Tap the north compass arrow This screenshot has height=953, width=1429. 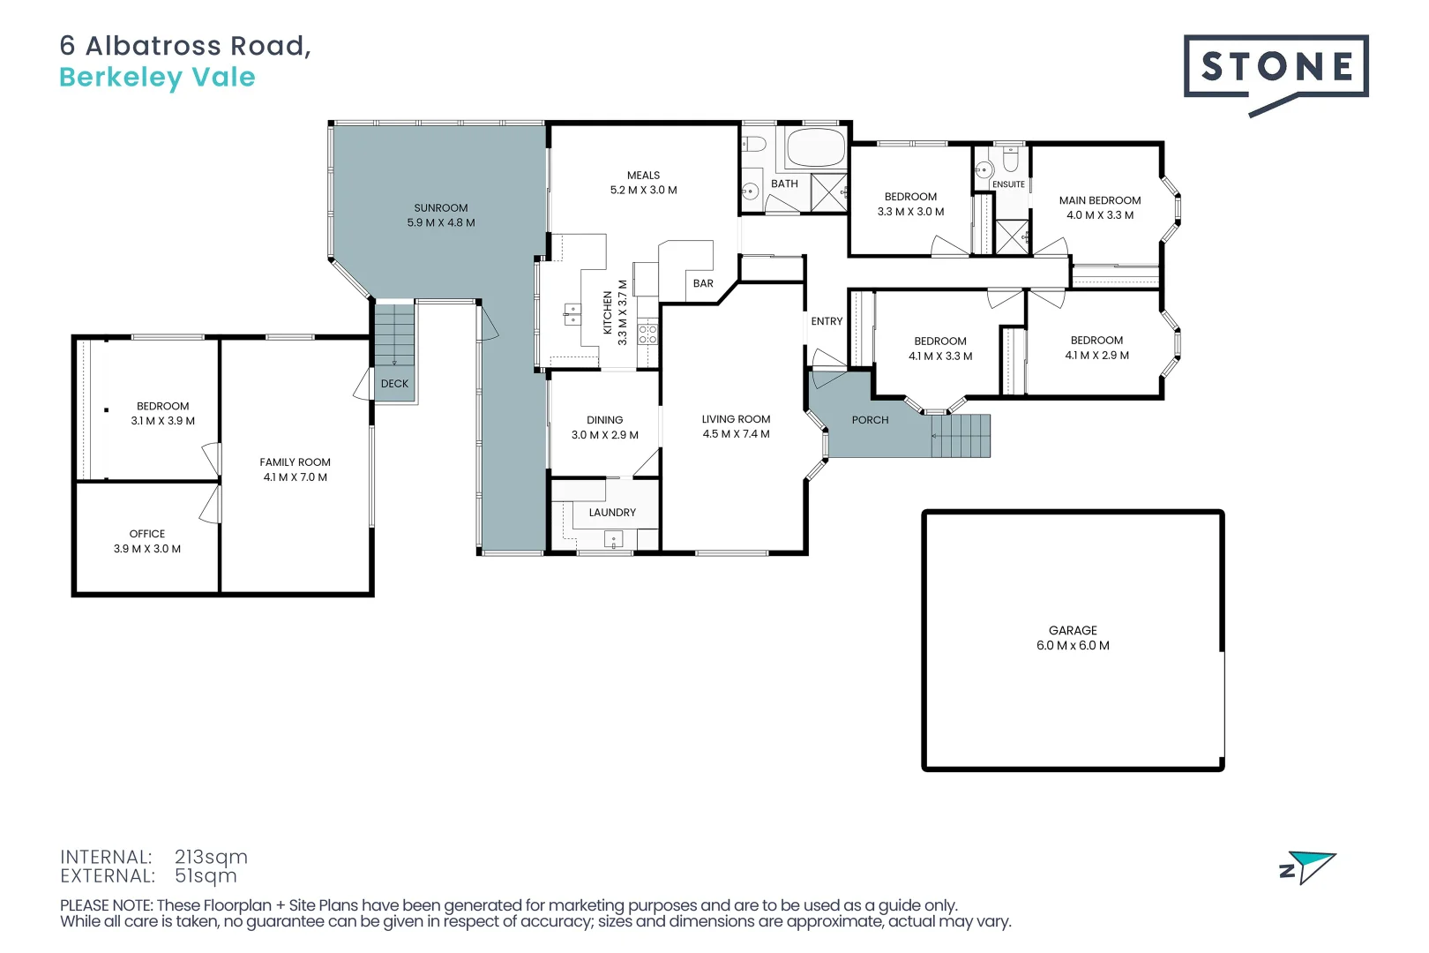[x=1309, y=867]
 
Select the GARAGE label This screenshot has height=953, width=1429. [x=1073, y=630]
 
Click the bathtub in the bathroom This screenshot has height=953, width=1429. [x=816, y=148]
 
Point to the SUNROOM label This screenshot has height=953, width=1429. [x=441, y=208]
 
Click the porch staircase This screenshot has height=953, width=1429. [x=961, y=436]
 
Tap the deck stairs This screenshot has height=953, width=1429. [x=394, y=335]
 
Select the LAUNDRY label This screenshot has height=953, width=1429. [x=612, y=513]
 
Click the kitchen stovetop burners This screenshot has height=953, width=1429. [x=647, y=334]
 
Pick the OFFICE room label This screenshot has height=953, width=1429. [x=147, y=534]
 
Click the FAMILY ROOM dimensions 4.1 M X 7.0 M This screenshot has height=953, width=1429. [x=296, y=477]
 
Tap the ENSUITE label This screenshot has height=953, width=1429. [x=1008, y=184]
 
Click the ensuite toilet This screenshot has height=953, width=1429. [x=1011, y=159]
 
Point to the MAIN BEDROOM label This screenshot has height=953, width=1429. [x=1100, y=200]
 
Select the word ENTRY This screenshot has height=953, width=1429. [x=827, y=321]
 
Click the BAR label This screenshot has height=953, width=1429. [x=703, y=283]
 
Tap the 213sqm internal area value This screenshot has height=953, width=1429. [x=211, y=857]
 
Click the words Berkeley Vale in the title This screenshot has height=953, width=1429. [x=158, y=78]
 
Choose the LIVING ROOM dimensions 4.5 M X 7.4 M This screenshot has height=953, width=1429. [x=737, y=434]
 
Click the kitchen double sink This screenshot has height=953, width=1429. [x=572, y=314]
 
